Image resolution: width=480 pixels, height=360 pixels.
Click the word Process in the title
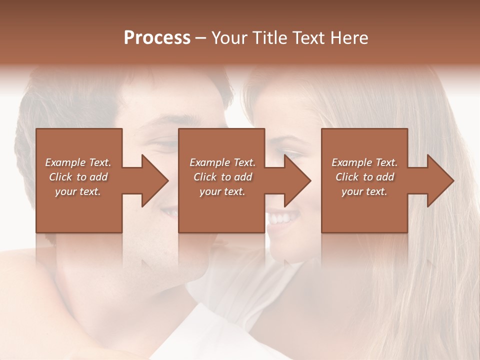(x=157, y=38)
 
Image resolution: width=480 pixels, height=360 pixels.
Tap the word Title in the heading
(x=267, y=38)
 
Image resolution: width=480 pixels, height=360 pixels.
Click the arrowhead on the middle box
(x=297, y=180)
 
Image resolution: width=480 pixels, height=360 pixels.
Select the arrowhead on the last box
(x=440, y=180)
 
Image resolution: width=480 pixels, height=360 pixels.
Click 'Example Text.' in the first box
(x=78, y=162)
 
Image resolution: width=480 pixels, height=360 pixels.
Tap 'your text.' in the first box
(x=78, y=191)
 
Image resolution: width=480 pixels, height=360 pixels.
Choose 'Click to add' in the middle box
(x=222, y=177)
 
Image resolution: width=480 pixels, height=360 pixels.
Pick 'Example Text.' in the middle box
(x=222, y=162)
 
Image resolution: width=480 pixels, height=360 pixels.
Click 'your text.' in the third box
(x=364, y=191)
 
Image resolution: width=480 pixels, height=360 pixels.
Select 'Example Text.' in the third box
(x=364, y=162)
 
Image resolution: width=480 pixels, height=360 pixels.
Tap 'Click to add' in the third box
(x=364, y=177)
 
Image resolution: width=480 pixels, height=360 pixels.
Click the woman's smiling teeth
(x=281, y=218)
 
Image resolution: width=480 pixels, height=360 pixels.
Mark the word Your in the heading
(x=229, y=38)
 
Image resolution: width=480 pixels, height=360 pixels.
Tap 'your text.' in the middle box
(x=222, y=191)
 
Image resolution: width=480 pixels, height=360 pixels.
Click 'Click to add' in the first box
(x=78, y=177)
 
